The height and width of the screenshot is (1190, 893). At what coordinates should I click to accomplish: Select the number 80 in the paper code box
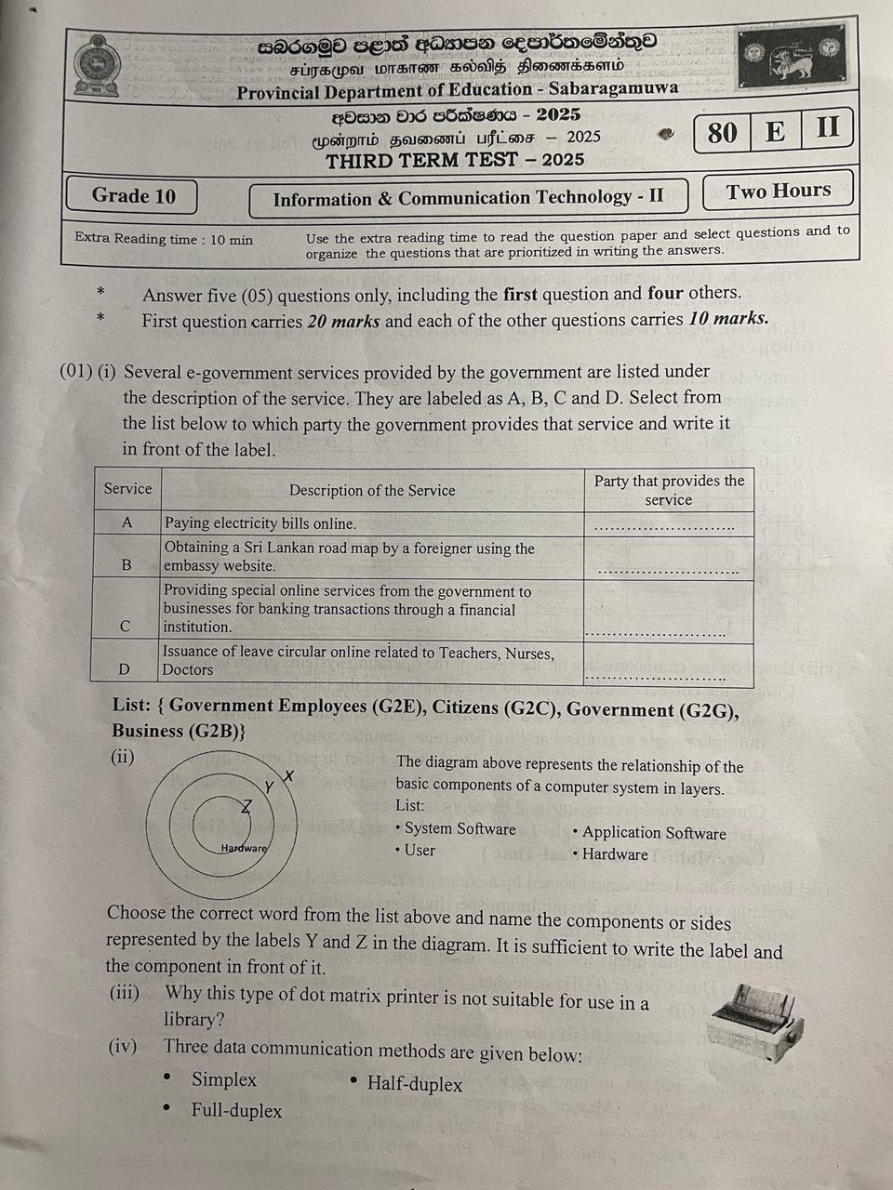[x=722, y=133]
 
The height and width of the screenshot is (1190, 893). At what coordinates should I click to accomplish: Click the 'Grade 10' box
[x=133, y=195]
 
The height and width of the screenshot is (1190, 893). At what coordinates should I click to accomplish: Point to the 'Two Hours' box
[x=779, y=191]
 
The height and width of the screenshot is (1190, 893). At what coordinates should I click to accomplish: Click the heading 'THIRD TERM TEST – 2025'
[x=455, y=159]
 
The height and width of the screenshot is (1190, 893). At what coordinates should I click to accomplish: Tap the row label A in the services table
[x=127, y=522]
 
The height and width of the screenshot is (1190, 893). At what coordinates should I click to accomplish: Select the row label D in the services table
[x=125, y=668]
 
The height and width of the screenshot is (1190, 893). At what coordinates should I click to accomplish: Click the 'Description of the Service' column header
[x=372, y=490]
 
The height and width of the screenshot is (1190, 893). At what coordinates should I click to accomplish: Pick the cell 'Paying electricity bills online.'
[x=260, y=523]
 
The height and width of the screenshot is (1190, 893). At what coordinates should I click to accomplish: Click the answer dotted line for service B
[x=668, y=570]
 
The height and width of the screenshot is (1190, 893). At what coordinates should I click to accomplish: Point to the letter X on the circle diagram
[x=288, y=775]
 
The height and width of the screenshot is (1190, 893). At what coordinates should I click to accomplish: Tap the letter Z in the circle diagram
[x=247, y=805]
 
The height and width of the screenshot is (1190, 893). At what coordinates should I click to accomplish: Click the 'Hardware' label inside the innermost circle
[x=244, y=848]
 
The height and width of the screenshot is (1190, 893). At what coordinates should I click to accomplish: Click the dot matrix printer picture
[x=754, y=1022]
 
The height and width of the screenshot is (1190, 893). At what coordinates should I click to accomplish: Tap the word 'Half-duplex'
[x=415, y=1083]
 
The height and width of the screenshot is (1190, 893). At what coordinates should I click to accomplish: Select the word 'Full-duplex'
[x=236, y=1110]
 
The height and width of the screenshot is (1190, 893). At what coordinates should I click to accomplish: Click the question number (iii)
[x=125, y=993]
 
